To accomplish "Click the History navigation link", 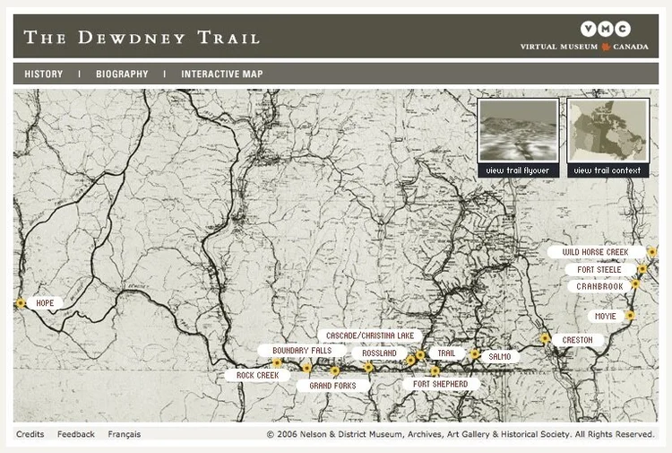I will tap(43, 74).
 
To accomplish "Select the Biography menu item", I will tap(122, 74).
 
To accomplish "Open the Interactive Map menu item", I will tap(222, 74).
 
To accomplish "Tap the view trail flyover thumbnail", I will tap(518, 137).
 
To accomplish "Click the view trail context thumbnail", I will tap(607, 137).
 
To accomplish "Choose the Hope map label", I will tap(45, 303).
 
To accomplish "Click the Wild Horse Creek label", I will tap(596, 253).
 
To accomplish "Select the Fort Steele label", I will tap(599, 269).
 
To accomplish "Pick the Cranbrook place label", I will tap(599, 286).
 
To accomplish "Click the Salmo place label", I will tap(500, 356).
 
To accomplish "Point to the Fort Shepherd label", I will tap(440, 384).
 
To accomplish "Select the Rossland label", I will tap(379, 353).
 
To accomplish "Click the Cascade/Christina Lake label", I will tap(369, 335).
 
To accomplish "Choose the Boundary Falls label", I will tap(302, 351).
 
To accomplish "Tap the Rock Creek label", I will tap(257, 376).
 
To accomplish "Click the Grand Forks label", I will tap(332, 386).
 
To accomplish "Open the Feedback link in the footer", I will tap(76, 434).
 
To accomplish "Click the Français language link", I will tap(125, 434).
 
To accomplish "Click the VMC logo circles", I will tap(605, 30).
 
